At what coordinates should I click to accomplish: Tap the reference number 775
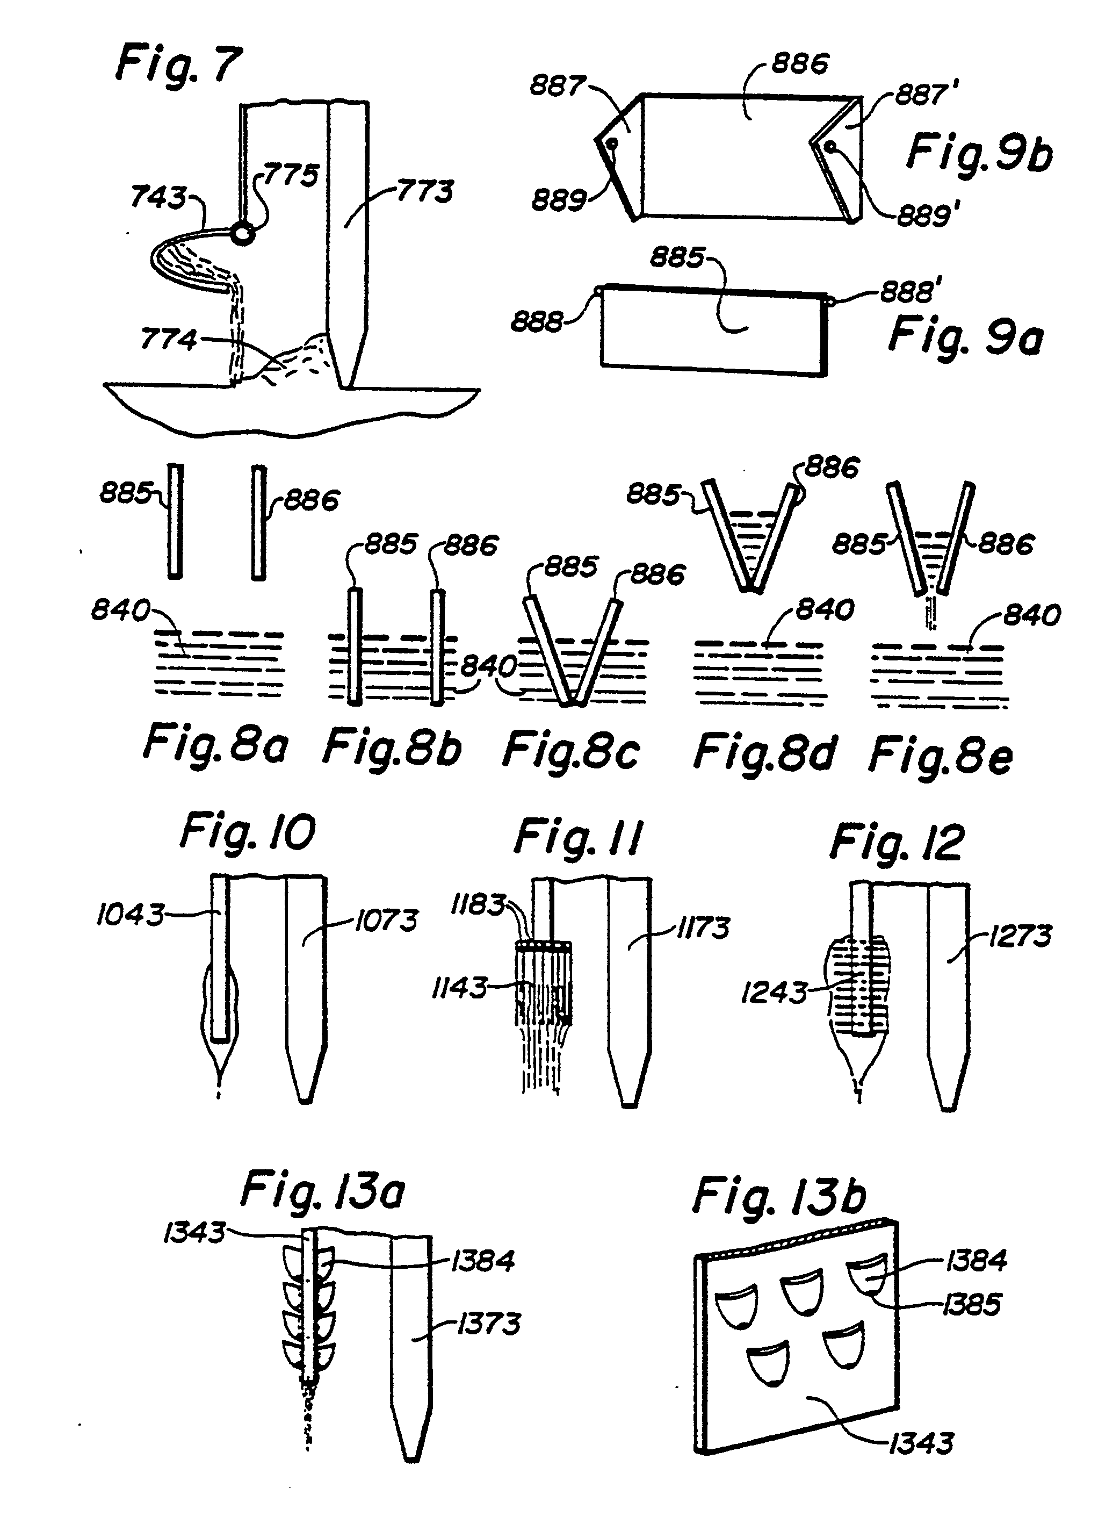coord(291,176)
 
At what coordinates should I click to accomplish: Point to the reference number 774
coord(168,339)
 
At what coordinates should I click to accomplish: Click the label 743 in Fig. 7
coord(158,197)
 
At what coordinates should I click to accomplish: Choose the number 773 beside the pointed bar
coord(424,191)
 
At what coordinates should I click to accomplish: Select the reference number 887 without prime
coord(557,86)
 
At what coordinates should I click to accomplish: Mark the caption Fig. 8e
coord(941,755)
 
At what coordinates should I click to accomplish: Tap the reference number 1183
coord(479,905)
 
